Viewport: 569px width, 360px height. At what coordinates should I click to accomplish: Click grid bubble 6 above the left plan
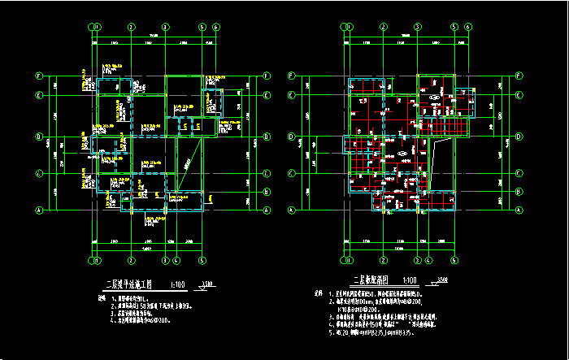pos(216,27)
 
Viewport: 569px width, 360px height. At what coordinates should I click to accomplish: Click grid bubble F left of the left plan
pos(38,76)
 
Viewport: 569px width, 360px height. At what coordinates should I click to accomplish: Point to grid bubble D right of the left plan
pos(267,137)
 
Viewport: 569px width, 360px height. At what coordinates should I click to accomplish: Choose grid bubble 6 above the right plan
pos(468,27)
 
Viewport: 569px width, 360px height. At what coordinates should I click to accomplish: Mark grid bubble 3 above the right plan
pos(417,27)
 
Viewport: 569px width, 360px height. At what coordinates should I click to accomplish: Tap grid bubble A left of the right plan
pos(290,210)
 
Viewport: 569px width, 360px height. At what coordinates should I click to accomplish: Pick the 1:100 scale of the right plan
pos(413,280)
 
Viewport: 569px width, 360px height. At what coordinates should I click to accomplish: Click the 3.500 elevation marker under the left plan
pos(207,284)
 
